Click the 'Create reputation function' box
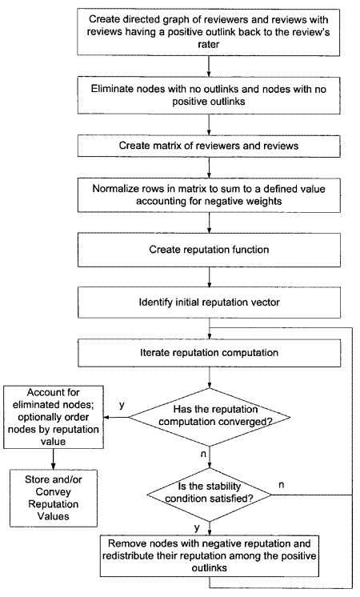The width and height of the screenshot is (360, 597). point(209,250)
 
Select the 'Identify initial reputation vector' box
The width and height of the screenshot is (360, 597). point(209,303)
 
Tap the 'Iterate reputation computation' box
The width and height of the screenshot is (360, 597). point(209,353)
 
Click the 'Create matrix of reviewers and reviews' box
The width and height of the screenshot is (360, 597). point(209,146)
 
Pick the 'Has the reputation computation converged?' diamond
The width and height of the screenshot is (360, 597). point(209,417)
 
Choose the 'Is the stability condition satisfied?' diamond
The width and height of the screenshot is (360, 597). point(209,495)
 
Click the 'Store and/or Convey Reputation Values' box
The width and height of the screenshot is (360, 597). point(54,498)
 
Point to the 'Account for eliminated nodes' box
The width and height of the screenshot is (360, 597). point(54,417)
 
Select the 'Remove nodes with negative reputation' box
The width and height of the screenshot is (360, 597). point(209,556)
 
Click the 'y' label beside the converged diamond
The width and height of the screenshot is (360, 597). point(122,405)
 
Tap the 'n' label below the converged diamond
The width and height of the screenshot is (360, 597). point(203,454)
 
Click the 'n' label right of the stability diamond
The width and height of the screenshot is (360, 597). point(282,485)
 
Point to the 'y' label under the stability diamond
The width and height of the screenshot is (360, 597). point(197,527)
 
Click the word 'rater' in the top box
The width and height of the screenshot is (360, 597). point(209,44)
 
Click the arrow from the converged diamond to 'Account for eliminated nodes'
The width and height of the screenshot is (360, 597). point(116,417)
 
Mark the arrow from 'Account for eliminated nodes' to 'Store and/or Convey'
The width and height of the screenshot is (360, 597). point(54,459)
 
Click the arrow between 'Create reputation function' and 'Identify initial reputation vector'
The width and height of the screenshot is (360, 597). point(209,277)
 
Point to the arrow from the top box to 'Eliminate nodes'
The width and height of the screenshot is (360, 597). point(209,66)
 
